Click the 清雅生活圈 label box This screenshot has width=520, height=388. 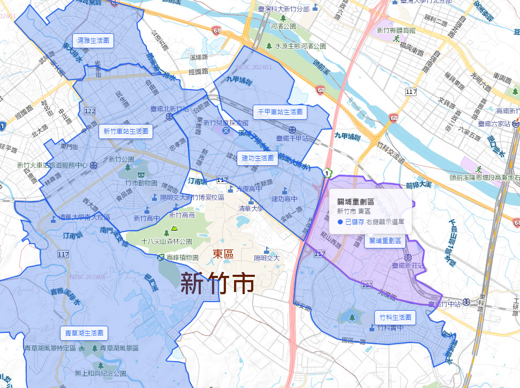coord(93,41)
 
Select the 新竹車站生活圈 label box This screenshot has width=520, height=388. coord(125,131)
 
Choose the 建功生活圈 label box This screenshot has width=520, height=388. coord(258,158)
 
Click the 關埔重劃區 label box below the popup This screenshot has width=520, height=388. coord(385,241)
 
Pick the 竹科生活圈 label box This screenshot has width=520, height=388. coord(394,317)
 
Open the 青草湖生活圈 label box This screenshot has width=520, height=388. coord(84,333)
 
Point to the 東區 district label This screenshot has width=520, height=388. coord(223,254)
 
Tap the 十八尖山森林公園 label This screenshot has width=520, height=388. coord(167,241)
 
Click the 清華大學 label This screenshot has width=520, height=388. coord(252,208)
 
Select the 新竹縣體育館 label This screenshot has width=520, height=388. coord(396,31)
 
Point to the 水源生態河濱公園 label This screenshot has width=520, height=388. coord(300,47)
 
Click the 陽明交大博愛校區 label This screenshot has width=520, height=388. coord(192,197)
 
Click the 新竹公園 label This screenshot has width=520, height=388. coord(121,159)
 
